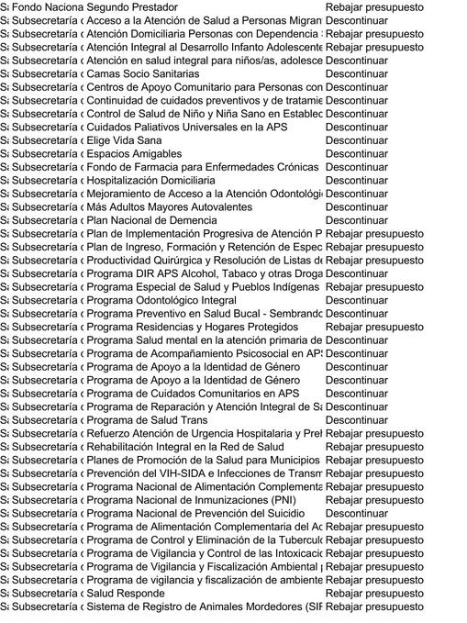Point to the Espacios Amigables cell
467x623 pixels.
(x=134, y=154)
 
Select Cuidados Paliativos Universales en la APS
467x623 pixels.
(x=187, y=128)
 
